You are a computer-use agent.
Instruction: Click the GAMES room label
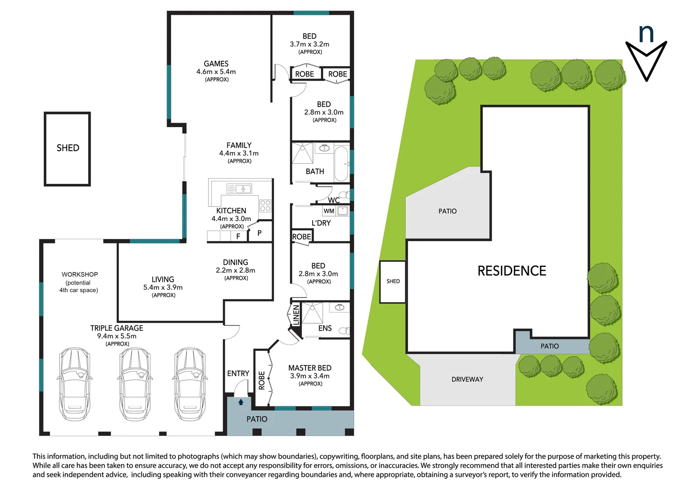(216, 64)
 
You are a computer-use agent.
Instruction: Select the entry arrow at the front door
(241, 402)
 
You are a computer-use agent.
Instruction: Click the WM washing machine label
(329, 211)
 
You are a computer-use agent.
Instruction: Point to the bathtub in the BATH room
(341, 163)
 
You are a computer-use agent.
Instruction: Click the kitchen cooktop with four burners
(265, 206)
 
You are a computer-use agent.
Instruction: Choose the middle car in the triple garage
(135, 384)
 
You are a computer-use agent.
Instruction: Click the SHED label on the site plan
(393, 281)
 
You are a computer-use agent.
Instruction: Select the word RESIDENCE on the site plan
(512, 271)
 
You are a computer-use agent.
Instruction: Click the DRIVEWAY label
(467, 379)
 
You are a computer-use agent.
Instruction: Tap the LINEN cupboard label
(296, 315)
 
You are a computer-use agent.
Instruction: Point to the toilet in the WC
(344, 195)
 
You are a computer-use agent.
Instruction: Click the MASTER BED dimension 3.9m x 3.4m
(309, 376)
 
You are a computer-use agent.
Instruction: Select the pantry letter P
(259, 233)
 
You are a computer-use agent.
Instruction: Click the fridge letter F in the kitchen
(238, 236)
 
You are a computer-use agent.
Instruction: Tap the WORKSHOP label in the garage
(80, 275)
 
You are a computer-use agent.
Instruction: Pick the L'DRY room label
(321, 223)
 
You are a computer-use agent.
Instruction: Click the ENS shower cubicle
(312, 313)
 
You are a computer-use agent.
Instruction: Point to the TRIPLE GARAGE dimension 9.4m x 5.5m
(117, 336)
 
